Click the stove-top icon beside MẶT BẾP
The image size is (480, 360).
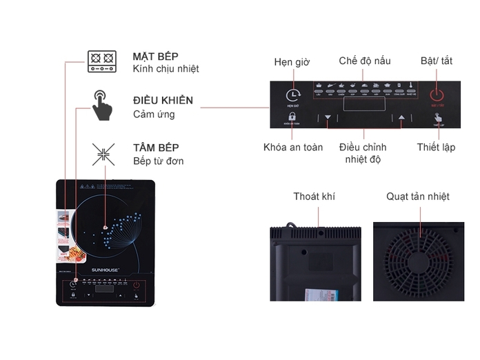click(x=101, y=61)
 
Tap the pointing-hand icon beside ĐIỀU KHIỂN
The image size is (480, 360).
click(x=102, y=106)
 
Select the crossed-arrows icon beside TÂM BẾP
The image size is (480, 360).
click(x=103, y=153)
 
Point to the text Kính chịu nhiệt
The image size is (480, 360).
click(x=166, y=69)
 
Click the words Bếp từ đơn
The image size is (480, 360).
click(x=159, y=161)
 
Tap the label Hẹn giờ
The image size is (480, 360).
click(x=291, y=62)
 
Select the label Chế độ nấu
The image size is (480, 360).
click(x=365, y=61)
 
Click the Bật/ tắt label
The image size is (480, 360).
click(x=437, y=61)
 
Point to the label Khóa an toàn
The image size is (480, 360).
click(x=293, y=147)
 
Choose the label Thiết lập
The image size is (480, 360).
click(x=436, y=147)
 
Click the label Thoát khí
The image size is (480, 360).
click(x=314, y=197)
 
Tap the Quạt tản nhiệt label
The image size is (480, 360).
click(x=418, y=197)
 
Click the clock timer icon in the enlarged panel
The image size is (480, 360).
click(x=293, y=94)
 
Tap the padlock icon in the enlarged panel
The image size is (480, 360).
click(x=292, y=118)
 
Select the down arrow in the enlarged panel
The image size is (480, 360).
click(x=328, y=118)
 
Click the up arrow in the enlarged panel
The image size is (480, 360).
click(x=401, y=118)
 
